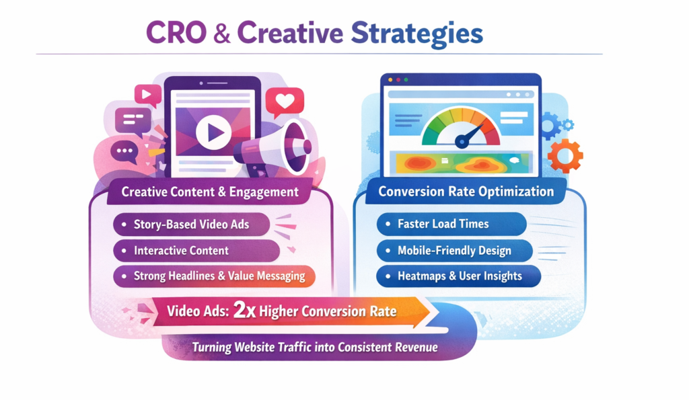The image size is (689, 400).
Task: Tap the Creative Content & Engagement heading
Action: coord(210,192)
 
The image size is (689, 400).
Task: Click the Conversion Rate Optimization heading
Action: coord(466,192)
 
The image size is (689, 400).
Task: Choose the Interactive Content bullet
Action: coord(182,251)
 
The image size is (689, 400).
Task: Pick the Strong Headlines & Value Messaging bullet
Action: coord(219,276)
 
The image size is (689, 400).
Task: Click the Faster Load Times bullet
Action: coord(443,225)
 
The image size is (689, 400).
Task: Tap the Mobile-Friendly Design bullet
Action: coord(454,251)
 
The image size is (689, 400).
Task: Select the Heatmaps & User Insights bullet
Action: coord(460,276)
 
